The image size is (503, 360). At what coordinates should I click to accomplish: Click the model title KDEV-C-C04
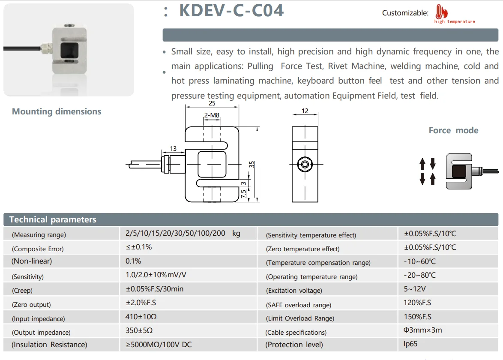coord(231,11)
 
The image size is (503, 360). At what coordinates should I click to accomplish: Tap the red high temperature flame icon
coord(440,12)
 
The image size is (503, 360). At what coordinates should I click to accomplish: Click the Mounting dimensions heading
coord(57,111)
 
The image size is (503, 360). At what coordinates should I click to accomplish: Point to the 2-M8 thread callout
coord(212,115)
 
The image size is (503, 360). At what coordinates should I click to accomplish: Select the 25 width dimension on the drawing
coord(212,103)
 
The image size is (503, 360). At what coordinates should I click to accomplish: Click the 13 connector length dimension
coord(173,149)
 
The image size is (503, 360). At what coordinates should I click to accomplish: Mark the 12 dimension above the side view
coord(305,111)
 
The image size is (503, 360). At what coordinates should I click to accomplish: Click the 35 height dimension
coord(252,164)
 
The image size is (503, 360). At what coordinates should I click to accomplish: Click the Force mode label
coord(453,130)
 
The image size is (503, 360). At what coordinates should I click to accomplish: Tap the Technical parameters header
coord(53,219)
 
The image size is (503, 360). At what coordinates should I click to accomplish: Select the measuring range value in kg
coord(183,234)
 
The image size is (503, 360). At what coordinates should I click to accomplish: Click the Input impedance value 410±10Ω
coord(142,317)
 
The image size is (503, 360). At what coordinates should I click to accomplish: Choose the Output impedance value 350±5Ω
coord(139,331)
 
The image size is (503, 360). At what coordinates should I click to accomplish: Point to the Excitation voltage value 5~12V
coord(414,289)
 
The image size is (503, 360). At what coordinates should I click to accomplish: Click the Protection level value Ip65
coord(410,344)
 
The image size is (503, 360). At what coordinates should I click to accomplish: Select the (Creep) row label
coord(22,290)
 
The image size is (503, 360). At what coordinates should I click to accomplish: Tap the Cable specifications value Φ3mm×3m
coord(422,330)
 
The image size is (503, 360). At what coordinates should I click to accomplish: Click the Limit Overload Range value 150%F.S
coord(417,317)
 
